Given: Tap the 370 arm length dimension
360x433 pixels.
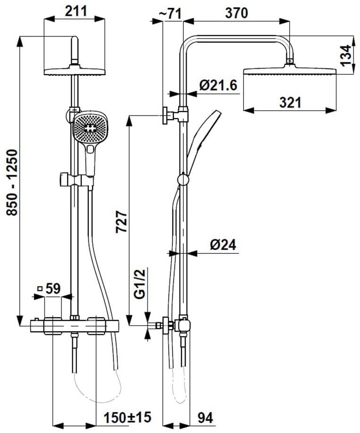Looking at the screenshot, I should tap(236, 13).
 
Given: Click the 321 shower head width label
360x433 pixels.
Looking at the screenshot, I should tap(290, 102).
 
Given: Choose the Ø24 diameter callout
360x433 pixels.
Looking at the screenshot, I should tap(223, 244).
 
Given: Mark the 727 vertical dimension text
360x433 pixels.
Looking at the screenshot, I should tap(121, 222).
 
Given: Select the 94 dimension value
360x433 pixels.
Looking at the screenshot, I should tap(204, 417).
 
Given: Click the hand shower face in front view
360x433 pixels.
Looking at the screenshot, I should tap(89, 128).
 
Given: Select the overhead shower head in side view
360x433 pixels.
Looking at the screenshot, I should tap(290, 71).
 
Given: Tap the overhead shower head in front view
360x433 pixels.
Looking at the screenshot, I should tap(74, 71).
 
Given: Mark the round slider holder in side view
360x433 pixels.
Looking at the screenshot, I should tap(182, 179).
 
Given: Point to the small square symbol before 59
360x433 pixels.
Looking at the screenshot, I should tap(40, 289).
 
